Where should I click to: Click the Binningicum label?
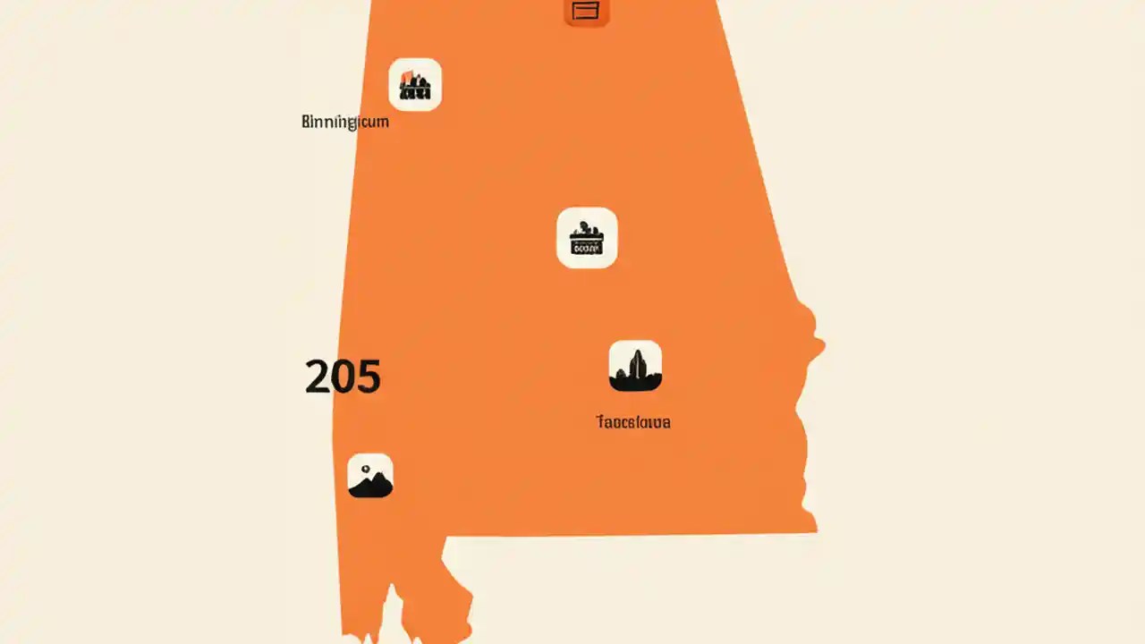345,123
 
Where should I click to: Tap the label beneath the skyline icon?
633,422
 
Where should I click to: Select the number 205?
343,377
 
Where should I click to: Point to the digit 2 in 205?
318,377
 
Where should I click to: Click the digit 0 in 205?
343,377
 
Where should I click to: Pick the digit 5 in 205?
368,377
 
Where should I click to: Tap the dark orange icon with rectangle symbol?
586,11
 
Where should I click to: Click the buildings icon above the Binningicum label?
415,85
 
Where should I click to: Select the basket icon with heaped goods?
587,238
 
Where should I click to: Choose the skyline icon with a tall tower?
635,366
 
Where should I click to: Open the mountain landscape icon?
370,476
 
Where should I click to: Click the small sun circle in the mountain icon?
366,469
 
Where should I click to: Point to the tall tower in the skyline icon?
637,364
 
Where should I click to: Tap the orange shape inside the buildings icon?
407,76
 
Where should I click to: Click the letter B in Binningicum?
306,123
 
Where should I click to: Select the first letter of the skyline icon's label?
599,422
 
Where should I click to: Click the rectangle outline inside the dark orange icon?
585,10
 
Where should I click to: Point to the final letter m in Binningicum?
382,123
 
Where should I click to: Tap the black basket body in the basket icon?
587,245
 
